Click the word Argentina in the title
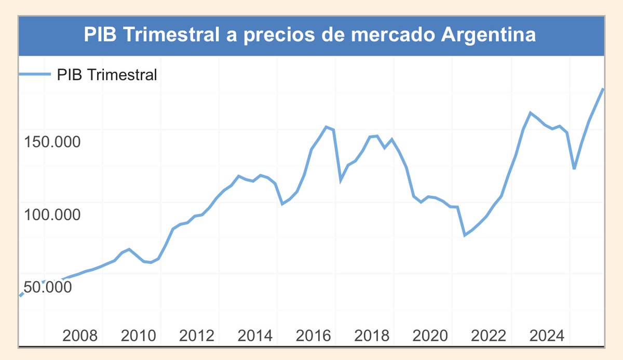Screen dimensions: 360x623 coord(488,36)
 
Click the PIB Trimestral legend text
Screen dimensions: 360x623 coord(106,75)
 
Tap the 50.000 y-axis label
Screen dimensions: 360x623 coord(48,287)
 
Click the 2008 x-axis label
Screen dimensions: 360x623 coord(79,336)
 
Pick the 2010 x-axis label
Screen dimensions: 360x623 coord(138,336)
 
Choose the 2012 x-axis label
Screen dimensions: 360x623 coord(196,336)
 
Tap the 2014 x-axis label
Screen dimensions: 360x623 coord(255,336)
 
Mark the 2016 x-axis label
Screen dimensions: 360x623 coord(314,336)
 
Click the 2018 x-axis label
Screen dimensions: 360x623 coord(372,336)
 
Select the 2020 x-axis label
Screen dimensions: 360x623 coord(430,336)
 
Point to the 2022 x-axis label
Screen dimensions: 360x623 coord(489,336)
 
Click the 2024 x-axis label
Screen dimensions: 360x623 coord(547,336)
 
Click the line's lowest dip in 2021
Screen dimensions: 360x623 coord(465,235)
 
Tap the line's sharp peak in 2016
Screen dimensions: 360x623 coord(326,127)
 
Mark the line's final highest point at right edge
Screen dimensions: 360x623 coord(603,89)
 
